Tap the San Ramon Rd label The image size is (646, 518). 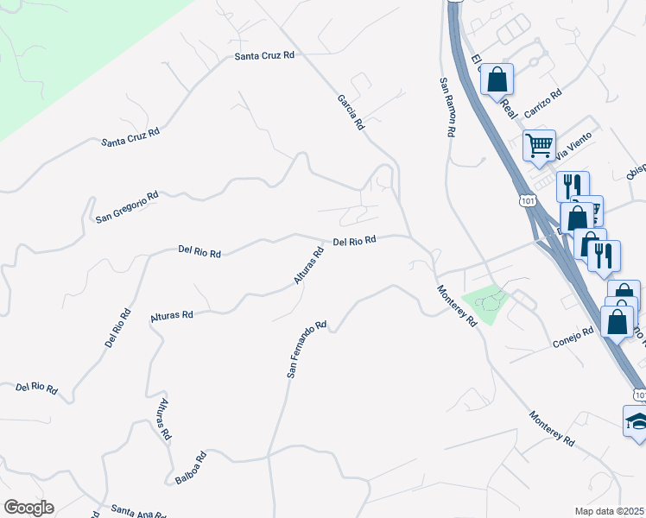coord(446,108)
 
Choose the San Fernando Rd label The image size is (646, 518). coord(307,351)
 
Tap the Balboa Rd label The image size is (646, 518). coord(187,468)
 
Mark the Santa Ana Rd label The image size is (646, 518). coord(138,514)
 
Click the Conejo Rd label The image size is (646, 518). coord(573,338)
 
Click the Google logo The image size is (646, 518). coord(28,508)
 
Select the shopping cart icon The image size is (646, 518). coord(540,145)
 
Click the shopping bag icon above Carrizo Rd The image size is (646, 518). coord(497,79)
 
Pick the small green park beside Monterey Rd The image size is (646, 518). coord(486,303)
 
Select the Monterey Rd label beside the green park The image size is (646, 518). coord(457,306)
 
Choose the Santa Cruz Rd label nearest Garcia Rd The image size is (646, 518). coord(265,55)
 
